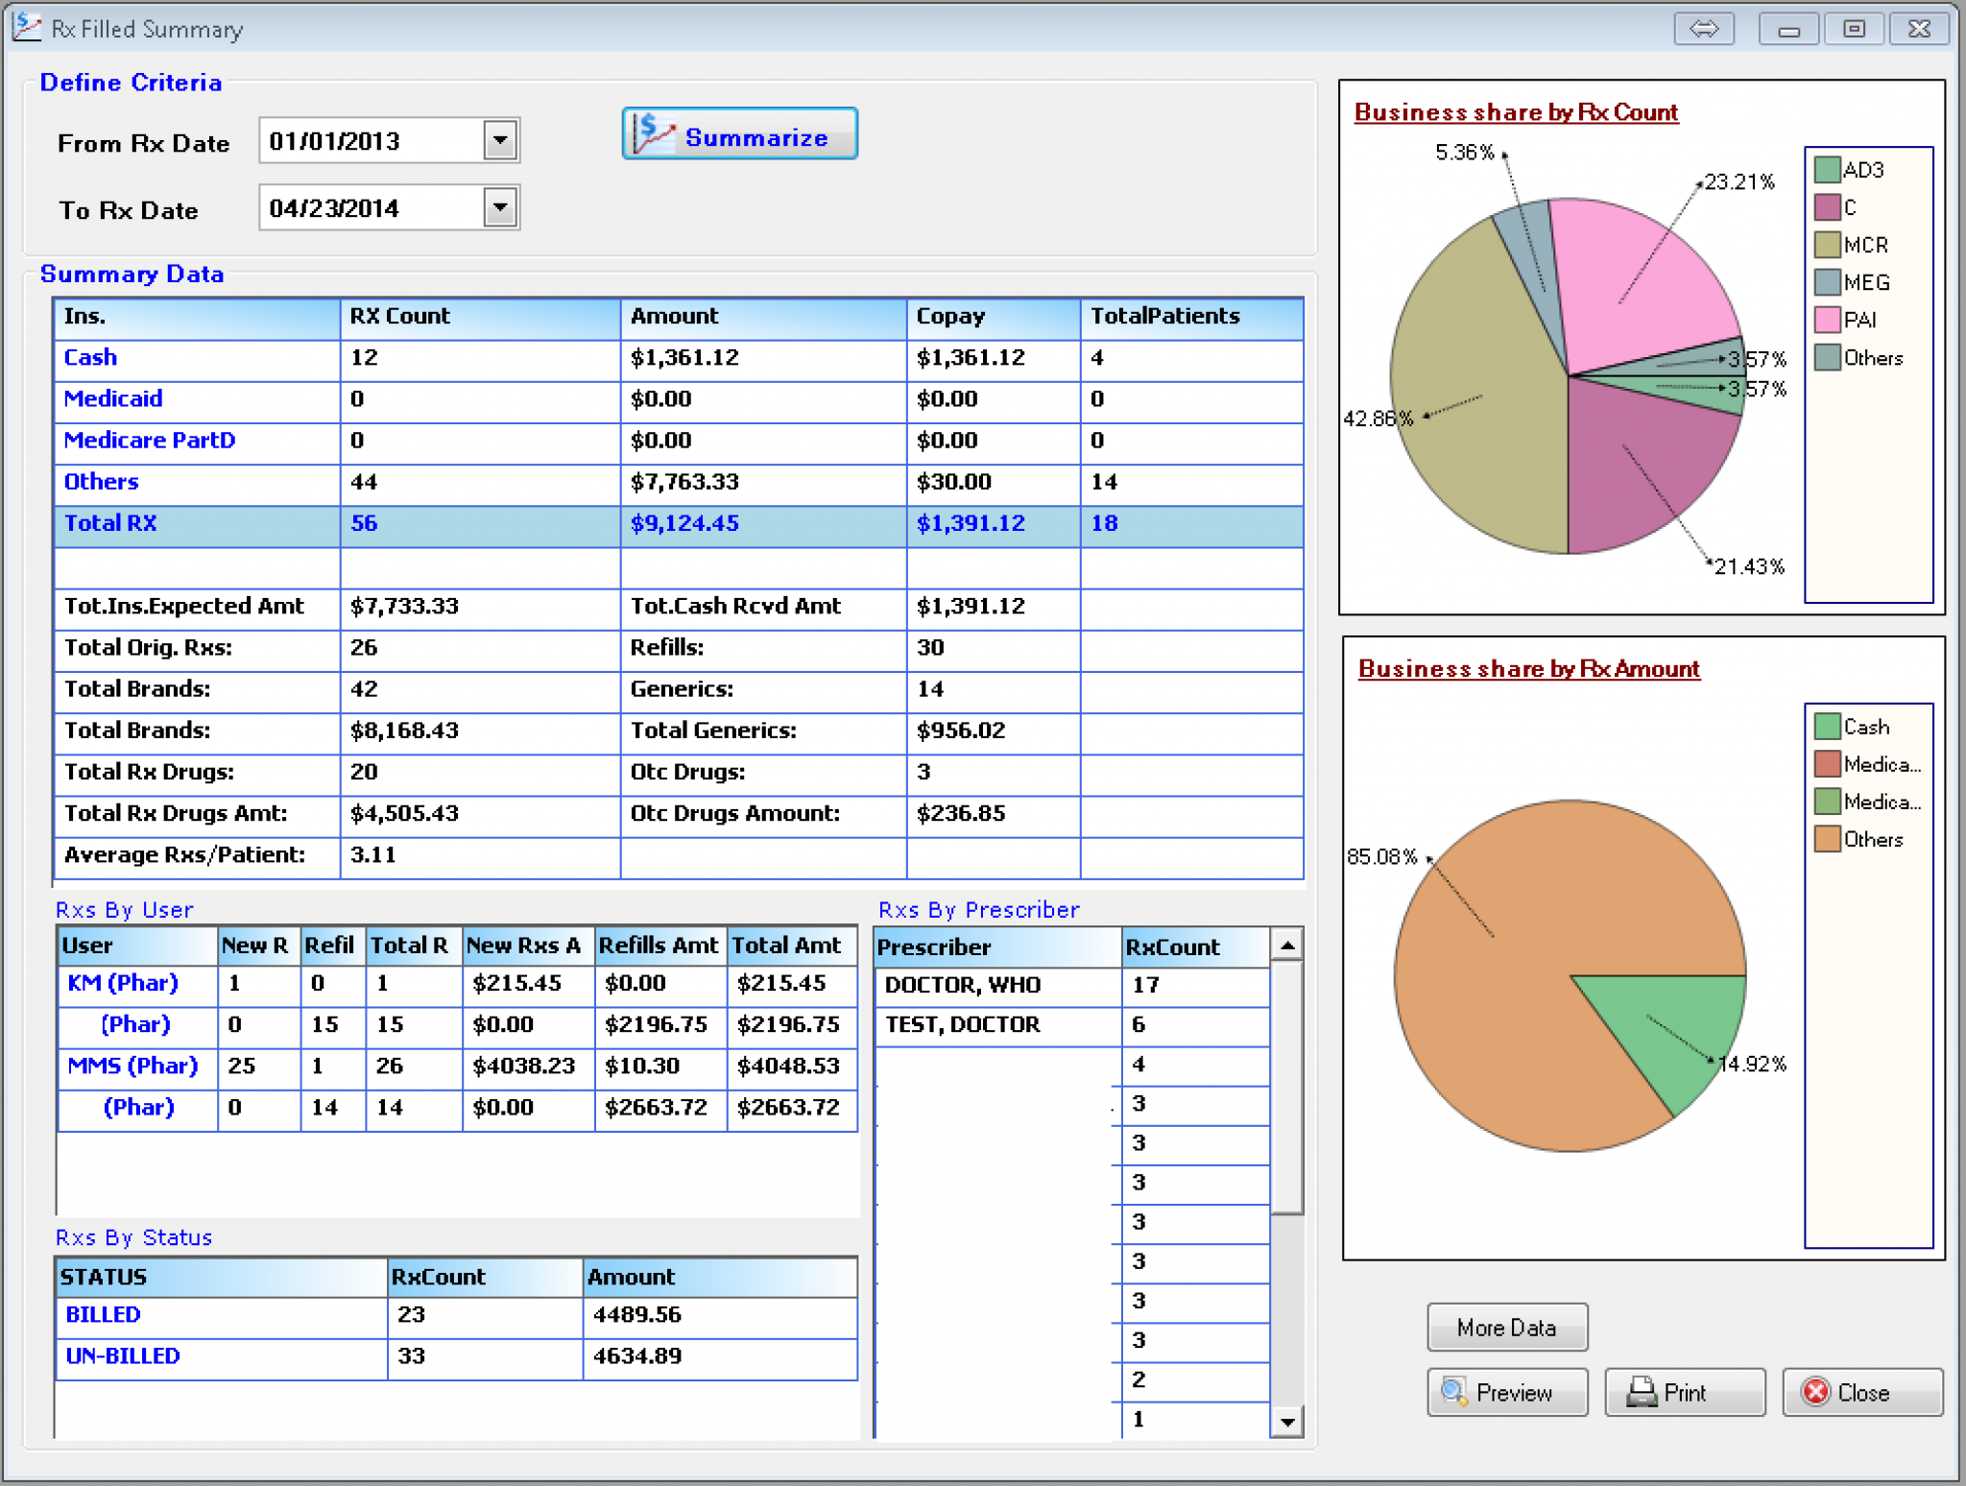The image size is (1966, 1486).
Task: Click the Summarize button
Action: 739,135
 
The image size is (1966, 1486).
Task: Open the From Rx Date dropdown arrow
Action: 500,141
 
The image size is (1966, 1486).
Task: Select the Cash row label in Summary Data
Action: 90,358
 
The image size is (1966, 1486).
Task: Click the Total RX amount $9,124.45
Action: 684,524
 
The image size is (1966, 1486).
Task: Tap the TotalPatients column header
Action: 1164,317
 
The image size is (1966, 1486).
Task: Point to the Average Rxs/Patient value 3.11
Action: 373,855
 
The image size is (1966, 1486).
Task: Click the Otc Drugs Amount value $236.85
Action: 961,814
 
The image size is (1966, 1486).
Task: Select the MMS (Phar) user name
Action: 132,1067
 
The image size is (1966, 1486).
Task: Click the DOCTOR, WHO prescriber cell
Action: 963,986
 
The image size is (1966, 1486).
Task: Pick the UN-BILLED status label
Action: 122,1356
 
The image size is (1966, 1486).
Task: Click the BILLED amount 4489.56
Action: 636,1315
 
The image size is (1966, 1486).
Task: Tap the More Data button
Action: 1506,1328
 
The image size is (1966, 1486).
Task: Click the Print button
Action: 1684,1393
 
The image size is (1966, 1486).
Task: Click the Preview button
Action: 1506,1393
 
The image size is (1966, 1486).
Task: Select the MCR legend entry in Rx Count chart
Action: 1864,246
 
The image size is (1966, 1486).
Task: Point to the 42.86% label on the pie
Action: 1378,419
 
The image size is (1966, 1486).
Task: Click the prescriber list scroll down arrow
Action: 1286,1422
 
